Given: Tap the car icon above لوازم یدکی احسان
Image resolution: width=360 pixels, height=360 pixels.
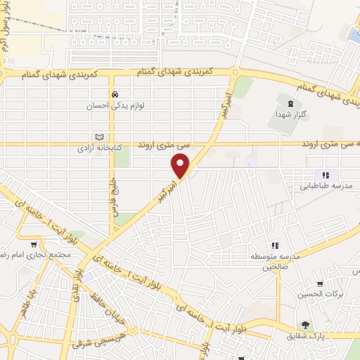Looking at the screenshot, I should tap(112, 95).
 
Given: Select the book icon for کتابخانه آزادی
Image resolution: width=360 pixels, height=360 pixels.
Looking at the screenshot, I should tap(99, 138).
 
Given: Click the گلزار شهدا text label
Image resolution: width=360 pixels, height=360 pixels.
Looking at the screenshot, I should tap(290, 115).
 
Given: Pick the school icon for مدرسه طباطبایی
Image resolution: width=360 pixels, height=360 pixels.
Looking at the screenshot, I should tap(325, 175).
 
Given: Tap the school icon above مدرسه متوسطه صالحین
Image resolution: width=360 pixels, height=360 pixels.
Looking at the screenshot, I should tap(275, 245).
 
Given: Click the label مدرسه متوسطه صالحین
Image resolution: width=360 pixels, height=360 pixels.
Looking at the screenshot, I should tap(276, 262).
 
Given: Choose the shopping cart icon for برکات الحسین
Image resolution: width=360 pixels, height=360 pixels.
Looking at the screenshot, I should tap(320, 283).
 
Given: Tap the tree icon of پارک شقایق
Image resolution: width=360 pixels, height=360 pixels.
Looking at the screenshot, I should tap(305, 325).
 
